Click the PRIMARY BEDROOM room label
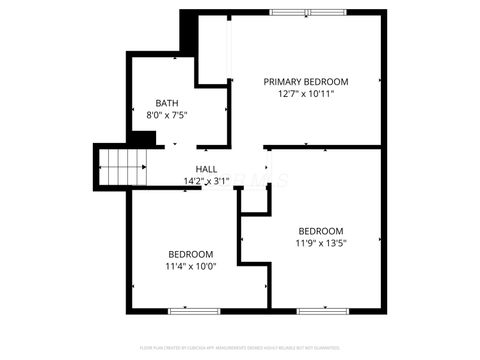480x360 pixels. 305,81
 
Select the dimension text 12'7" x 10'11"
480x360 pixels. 305,94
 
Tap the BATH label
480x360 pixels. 167,103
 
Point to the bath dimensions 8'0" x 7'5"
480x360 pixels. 167,116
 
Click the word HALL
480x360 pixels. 207,169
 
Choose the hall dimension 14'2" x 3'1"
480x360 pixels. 207,181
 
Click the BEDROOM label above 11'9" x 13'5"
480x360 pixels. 320,229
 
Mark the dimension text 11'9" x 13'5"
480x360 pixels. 320,242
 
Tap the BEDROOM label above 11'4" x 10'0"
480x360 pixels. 190,254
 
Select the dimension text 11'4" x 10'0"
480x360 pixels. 190,267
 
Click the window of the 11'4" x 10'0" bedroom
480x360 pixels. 194,311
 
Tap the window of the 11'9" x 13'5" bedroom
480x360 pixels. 325,311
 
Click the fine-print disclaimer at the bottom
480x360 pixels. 239,346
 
